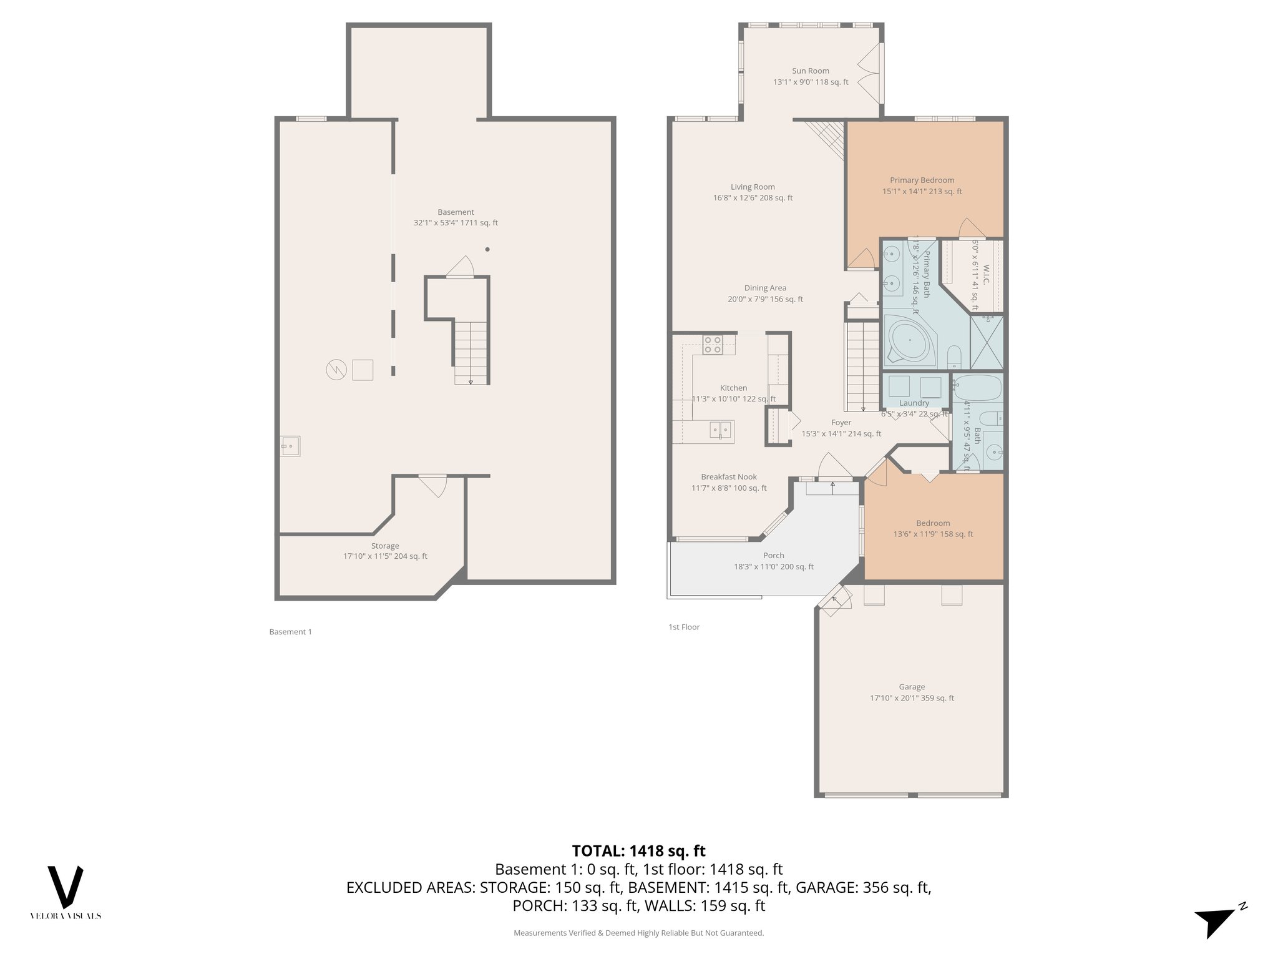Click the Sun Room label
click(x=811, y=71)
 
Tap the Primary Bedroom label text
click(x=922, y=180)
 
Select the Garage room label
click(x=912, y=687)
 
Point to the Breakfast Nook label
click(x=729, y=477)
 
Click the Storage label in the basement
click(x=385, y=546)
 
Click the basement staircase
click(x=471, y=353)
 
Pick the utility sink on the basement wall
click(x=290, y=446)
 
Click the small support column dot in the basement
click(x=487, y=250)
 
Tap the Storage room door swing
click(x=434, y=485)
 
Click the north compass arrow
click(x=1216, y=921)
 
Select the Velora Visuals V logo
click(x=66, y=887)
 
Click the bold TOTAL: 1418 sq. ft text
click(x=638, y=850)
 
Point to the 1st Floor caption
click(x=684, y=627)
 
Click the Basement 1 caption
click(x=290, y=632)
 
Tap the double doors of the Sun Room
click(x=869, y=74)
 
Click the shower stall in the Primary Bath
click(x=987, y=342)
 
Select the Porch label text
click(x=774, y=556)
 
